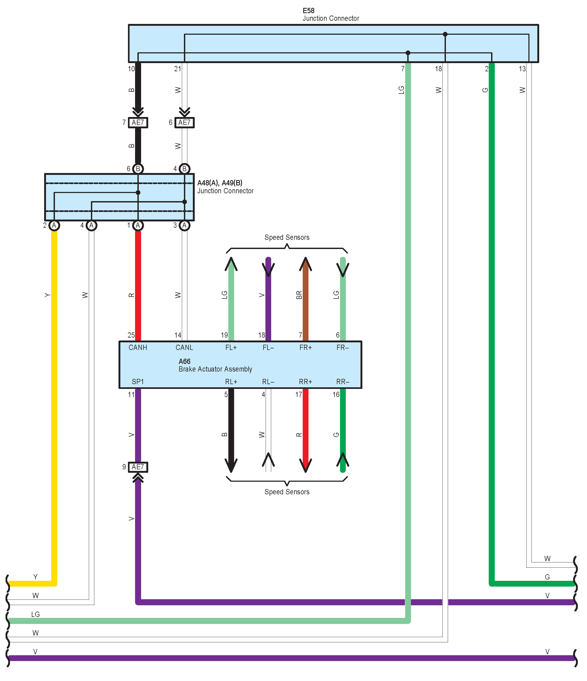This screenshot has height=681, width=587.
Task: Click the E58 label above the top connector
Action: click(308, 11)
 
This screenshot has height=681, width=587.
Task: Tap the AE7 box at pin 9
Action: click(138, 467)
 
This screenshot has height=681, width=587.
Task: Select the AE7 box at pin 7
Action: click(138, 123)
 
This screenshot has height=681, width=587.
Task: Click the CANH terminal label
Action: click(138, 347)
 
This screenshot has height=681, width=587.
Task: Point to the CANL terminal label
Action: click(184, 347)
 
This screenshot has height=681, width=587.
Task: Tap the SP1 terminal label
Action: click(138, 382)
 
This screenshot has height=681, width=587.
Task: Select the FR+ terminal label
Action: click(306, 347)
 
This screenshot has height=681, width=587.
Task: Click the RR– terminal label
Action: click(343, 382)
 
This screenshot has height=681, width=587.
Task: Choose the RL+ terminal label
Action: click(231, 382)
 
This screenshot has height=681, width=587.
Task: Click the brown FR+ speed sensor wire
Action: click(306, 299)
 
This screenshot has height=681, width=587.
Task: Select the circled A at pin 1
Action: click(138, 226)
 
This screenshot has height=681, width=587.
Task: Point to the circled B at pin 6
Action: click(138, 169)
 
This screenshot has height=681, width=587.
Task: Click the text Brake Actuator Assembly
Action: click(215, 369)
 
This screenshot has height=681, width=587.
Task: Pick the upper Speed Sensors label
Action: click(287, 237)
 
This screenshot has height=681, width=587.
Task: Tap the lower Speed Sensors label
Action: click(287, 492)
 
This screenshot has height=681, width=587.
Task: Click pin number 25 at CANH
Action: click(131, 335)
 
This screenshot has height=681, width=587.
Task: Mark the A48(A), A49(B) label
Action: click(220, 183)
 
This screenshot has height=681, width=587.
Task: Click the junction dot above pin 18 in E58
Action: click(445, 34)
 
